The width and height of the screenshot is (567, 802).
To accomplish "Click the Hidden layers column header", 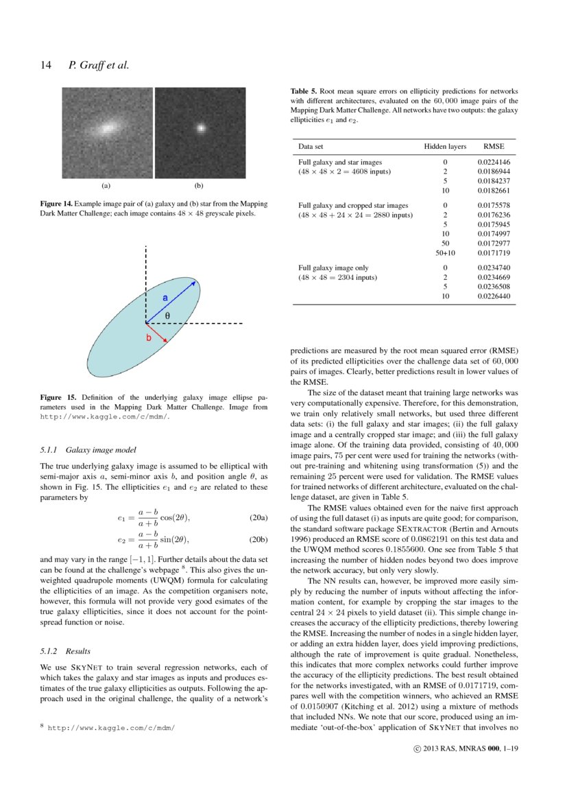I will point(445,146).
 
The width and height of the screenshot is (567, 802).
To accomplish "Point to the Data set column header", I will point(311,146).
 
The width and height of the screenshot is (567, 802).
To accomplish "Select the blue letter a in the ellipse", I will point(165,298).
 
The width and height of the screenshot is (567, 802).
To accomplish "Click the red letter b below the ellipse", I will point(147,338).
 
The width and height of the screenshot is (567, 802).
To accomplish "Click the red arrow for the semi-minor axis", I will point(157,333).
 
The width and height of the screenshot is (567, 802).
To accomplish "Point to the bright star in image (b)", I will point(201,127).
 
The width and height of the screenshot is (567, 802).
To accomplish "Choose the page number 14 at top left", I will point(47,66).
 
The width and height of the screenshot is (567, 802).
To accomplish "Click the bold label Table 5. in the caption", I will point(304,91).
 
